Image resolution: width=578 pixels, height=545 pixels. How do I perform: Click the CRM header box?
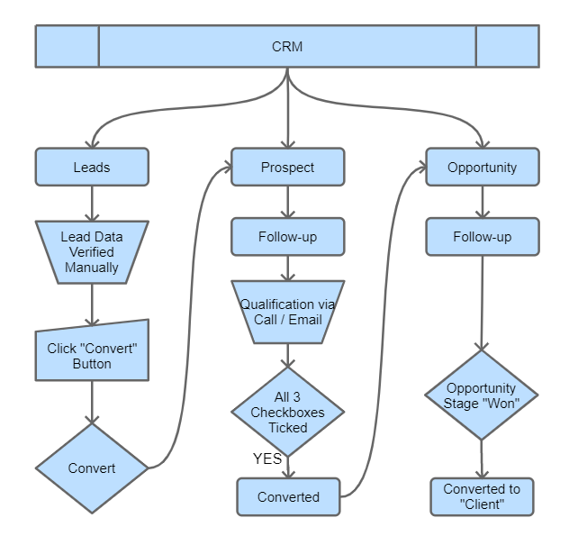(287, 46)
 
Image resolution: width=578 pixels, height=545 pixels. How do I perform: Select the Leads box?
(91, 168)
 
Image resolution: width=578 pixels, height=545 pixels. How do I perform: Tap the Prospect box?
(287, 168)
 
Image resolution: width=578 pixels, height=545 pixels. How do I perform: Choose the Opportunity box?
(483, 168)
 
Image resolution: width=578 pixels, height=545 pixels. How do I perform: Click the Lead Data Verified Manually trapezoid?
(91, 252)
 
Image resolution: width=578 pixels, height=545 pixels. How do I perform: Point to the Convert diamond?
(91, 468)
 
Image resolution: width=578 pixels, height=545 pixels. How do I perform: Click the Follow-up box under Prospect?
(287, 238)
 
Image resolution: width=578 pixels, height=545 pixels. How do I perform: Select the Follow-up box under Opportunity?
(483, 238)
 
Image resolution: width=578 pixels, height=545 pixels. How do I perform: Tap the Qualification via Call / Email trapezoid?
(287, 312)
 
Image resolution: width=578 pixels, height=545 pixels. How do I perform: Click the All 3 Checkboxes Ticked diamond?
(287, 413)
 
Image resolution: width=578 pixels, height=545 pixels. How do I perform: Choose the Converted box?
(288, 496)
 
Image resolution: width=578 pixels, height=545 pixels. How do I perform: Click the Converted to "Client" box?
(482, 496)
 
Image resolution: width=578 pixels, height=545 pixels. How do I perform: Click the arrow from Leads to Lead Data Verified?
(91, 204)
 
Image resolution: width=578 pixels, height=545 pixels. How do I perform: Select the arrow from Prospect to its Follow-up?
(287, 203)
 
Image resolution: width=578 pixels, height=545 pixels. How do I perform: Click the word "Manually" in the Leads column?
(91, 268)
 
